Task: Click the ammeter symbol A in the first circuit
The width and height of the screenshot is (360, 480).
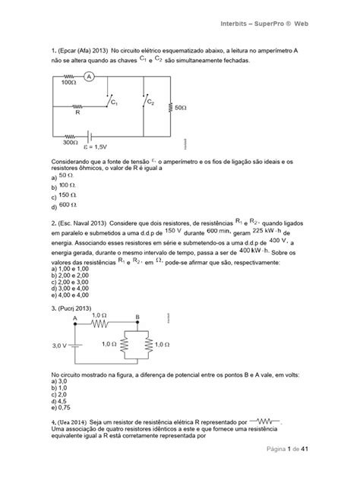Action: click(x=89, y=77)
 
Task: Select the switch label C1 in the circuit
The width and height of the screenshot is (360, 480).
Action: click(x=114, y=101)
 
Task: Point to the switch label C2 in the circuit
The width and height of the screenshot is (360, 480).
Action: click(x=151, y=101)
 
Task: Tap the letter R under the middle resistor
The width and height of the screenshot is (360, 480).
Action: click(x=77, y=113)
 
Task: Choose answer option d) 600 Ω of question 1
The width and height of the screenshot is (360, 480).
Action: click(x=64, y=205)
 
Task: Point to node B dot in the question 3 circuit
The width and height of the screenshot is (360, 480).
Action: click(x=137, y=324)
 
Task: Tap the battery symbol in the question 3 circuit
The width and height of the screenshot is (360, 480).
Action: click(x=76, y=345)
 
